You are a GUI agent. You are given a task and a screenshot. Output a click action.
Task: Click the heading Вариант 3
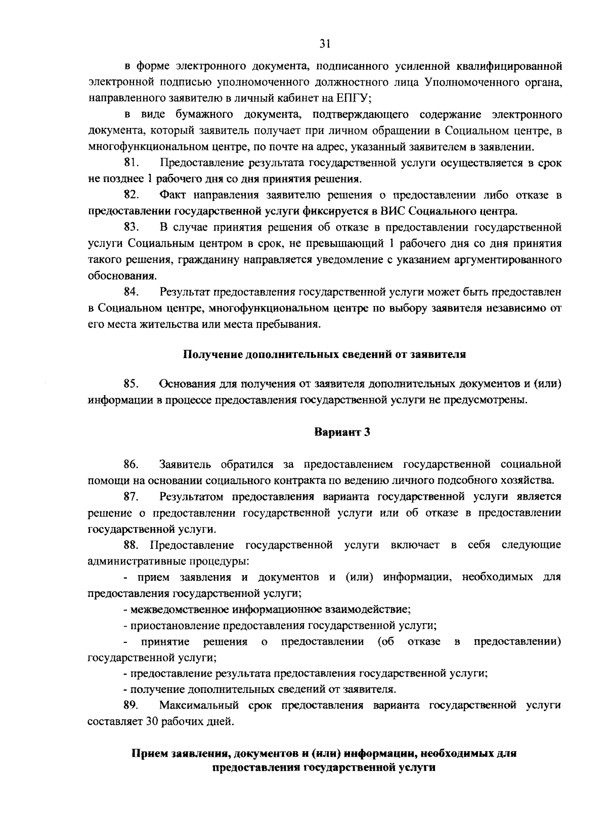tap(342, 432)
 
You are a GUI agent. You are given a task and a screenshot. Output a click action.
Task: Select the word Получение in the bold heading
tap(211, 355)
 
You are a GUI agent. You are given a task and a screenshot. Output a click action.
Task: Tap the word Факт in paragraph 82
tap(172, 195)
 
